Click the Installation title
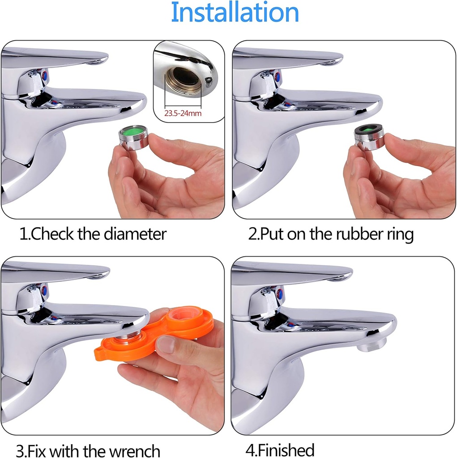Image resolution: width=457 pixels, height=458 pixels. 235,13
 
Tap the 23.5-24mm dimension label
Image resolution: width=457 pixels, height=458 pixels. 183,114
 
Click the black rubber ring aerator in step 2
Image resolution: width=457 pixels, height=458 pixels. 369,137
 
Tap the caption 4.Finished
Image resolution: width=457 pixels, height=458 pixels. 280,450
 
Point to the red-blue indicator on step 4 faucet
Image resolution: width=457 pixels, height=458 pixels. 280,294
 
